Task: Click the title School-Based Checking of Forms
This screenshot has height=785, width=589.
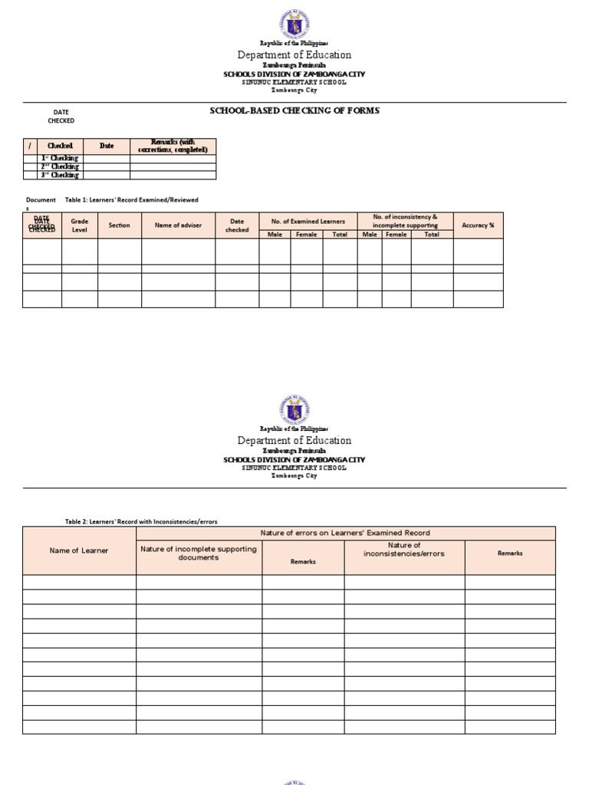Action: (x=294, y=110)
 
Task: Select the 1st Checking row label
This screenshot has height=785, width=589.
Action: (x=60, y=159)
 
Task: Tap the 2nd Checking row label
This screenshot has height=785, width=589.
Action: (x=60, y=166)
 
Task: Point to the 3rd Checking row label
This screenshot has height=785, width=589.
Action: (x=60, y=175)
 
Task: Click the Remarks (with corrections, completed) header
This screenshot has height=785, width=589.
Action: (x=173, y=146)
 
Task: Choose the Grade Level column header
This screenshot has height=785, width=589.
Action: (x=80, y=225)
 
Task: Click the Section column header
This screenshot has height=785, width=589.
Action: (x=120, y=225)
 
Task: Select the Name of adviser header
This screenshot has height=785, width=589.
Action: (x=178, y=225)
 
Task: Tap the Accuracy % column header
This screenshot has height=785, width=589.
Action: (x=478, y=225)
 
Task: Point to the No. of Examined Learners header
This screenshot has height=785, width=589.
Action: (x=308, y=222)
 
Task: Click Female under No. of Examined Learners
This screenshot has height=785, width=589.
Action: (x=306, y=235)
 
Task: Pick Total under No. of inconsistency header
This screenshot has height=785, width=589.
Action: (x=432, y=235)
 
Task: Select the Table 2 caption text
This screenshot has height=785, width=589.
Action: (x=141, y=521)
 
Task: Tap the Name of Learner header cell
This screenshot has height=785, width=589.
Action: (x=79, y=550)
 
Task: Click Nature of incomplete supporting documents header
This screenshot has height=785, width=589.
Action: (x=199, y=553)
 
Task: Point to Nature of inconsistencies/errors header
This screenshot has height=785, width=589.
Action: (x=403, y=550)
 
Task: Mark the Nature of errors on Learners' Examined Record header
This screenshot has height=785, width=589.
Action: (x=345, y=533)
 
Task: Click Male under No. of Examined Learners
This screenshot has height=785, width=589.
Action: (x=275, y=235)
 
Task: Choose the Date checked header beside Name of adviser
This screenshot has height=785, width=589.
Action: (x=237, y=225)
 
